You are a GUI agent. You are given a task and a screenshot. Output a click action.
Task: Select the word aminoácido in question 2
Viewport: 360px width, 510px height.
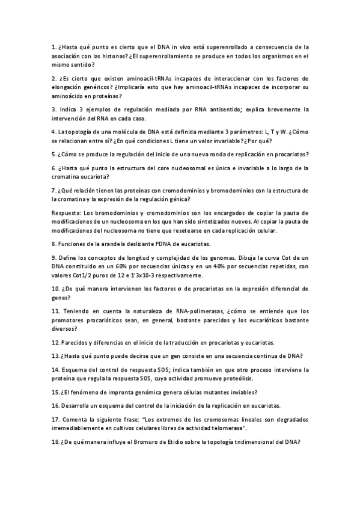[69, 96]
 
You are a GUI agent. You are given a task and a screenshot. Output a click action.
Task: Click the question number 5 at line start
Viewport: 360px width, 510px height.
[53, 154]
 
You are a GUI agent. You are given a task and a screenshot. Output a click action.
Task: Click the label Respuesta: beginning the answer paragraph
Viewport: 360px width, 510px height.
[66, 213]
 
